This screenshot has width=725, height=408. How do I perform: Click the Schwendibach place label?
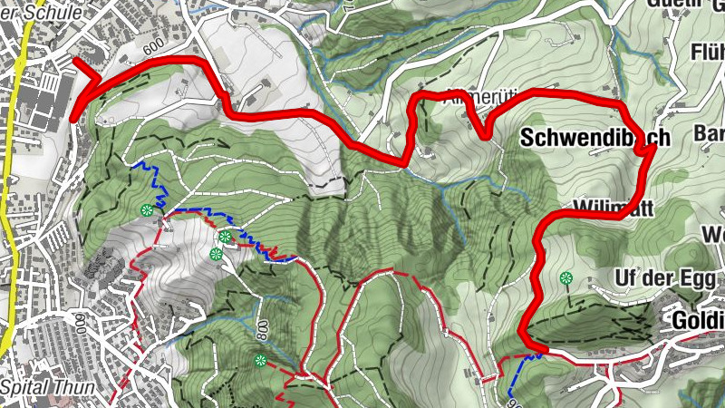[595, 139]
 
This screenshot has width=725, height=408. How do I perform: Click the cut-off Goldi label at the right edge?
[698, 320]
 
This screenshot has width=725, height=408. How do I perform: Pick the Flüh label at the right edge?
[707, 50]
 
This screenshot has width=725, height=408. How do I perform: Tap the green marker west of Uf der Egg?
[566, 278]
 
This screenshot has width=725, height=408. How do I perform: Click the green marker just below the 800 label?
[261, 361]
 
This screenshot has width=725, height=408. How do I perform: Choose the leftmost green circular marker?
[146, 210]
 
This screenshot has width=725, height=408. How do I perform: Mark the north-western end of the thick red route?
[74, 62]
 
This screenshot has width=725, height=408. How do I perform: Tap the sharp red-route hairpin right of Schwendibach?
[652, 147]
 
